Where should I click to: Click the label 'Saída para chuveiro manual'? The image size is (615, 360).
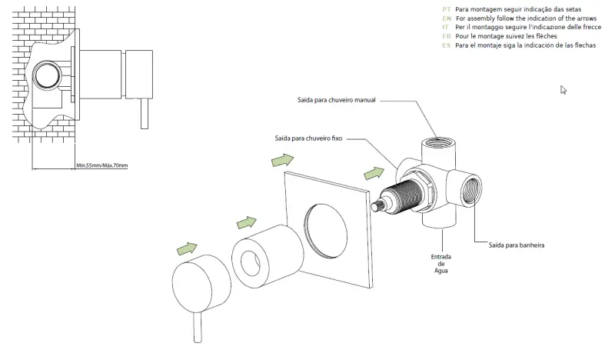tap(336, 100)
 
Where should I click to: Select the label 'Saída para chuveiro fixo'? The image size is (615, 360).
tap(307, 138)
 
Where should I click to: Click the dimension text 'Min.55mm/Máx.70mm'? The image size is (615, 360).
tap(101, 165)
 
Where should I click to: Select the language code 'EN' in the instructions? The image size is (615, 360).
tap(447, 18)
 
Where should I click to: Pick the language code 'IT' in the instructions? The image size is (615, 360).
tap(446, 27)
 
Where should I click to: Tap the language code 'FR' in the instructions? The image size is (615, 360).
tap(447, 36)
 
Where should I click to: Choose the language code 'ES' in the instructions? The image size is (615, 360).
tap(447, 45)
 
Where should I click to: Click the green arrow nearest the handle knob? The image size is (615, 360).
tap(187, 248)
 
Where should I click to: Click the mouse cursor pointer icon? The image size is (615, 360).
tap(563, 90)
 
